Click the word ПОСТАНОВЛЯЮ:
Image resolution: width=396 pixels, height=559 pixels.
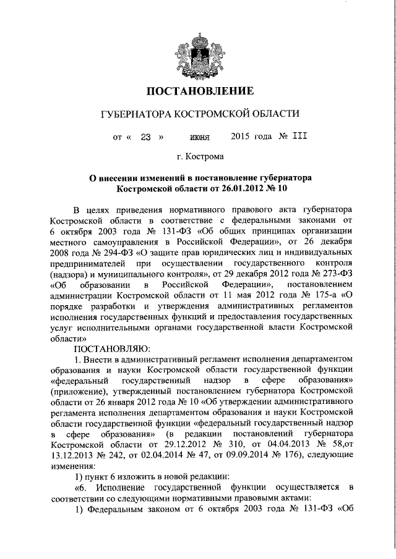point(107,348)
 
